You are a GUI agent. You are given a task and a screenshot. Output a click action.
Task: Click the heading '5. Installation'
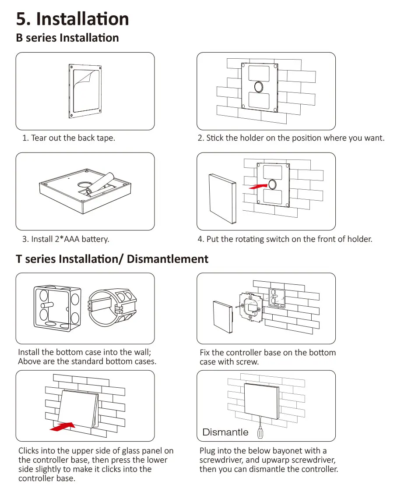[73, 19]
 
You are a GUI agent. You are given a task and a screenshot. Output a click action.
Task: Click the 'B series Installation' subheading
[67, 38]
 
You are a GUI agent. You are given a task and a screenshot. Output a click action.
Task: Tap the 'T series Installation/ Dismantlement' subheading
[112, 259]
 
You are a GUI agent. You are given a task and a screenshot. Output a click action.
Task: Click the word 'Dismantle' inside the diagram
[225, 432]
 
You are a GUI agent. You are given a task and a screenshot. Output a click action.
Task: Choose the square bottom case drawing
[57, 307]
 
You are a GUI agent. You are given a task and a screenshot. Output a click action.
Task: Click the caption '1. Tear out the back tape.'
[69, 138]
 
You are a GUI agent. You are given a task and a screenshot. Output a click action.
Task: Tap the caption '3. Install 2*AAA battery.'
[66, 239]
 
